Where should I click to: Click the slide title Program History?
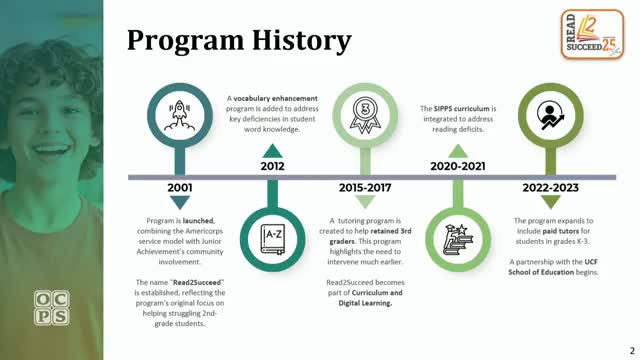tap(239, 41)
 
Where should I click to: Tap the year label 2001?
tap(179, 187)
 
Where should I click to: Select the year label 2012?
tap(272, 167)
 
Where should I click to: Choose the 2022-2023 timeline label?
tap(550, 187)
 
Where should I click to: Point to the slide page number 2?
tap(630, 349)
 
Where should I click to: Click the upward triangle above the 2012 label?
tap(272, 149)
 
